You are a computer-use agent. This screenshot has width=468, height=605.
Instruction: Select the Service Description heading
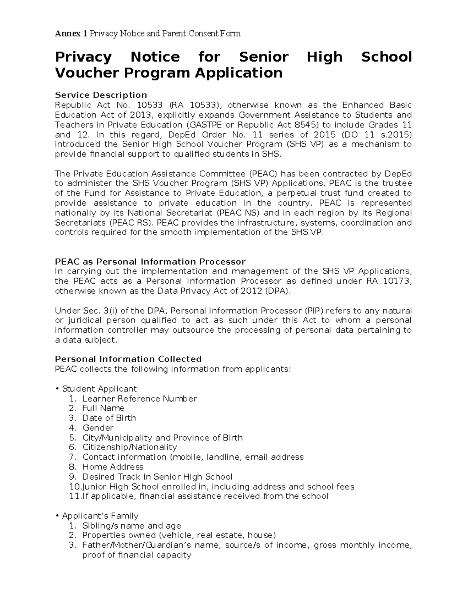pos(101,95)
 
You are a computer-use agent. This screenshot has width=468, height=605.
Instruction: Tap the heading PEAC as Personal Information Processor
pos(150,261)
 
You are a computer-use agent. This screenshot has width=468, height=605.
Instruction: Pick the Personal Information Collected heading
pos(128,359)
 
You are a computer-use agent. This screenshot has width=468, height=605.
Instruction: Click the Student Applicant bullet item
pos(99,389)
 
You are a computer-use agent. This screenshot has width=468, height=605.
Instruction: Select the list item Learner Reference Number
pos(139,399)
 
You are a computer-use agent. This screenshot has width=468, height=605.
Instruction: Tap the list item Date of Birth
pos(109,418)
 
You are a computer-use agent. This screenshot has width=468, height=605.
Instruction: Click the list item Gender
pos(97,428)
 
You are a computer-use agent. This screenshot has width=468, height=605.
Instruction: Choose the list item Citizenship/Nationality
pos(129,447)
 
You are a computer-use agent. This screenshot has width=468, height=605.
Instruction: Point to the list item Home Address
pos(113,467)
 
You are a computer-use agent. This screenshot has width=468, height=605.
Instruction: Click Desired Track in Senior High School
pos(157,477)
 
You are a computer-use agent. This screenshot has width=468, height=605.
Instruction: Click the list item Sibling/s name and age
pos(131,526)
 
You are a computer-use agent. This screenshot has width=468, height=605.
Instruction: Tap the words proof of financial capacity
pos(136,555)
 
